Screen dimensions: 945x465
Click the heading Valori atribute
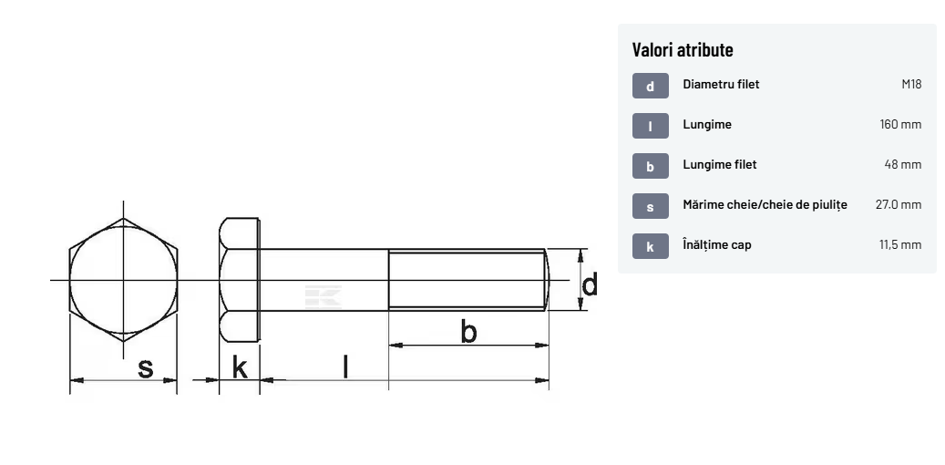pos(683,49)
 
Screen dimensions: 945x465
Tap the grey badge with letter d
pos(651,86)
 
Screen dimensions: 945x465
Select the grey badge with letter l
pos(651,126)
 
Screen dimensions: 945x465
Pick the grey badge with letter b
pos(651,166)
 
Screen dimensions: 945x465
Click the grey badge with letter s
pos(651,206)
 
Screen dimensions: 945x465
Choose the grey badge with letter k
pos(651,246)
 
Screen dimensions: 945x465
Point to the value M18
pos(911,85)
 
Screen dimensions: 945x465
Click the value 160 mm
pos(900,124)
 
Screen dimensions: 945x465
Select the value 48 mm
pos(903,164)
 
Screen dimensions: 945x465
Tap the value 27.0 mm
pos(898,204)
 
